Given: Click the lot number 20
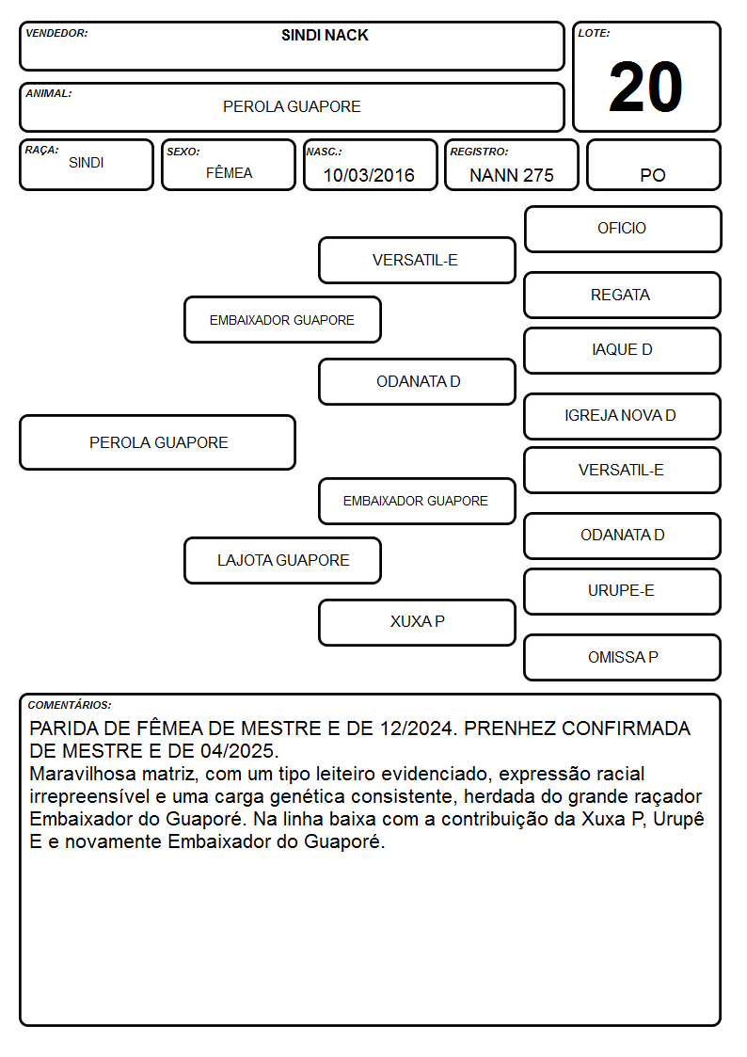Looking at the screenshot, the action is click(645, 87).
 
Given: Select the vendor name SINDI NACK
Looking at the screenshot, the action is click(325, 35).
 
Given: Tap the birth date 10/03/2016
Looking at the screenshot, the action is click(369, 175).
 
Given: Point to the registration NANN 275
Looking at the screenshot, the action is click(511, 175).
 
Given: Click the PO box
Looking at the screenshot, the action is click(653, 165).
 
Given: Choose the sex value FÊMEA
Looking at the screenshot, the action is click(229, 172).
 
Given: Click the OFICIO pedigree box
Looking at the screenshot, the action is click(623, 230).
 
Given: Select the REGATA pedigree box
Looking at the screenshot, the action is click(623, 296).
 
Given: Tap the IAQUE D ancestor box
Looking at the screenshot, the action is click(623, 350).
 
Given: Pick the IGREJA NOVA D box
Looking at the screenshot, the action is click(623, 416).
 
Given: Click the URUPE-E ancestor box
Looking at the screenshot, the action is click(623, 591).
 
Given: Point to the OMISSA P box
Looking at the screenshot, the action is click(623, 657).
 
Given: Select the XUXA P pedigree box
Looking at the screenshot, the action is click(417, 622).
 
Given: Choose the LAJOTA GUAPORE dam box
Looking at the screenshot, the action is click(283, 560).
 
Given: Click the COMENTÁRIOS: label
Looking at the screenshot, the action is click(70, 705).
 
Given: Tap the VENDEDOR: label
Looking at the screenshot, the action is click(56, 33).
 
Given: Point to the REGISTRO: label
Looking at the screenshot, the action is click(479, 152).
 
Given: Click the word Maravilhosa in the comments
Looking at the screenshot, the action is click(83, 773).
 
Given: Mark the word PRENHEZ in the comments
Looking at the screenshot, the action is click(510, 728).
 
